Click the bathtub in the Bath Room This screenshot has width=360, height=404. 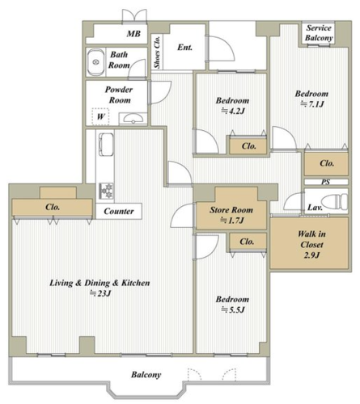95,62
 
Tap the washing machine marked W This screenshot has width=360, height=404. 100,116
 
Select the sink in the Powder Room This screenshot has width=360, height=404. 133,119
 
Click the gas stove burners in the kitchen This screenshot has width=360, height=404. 107,191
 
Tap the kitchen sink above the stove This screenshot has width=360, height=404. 106,145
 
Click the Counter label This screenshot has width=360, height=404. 119,211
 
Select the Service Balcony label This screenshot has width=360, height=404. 319,33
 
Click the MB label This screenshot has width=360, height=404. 133,34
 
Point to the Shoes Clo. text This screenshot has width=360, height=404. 157,52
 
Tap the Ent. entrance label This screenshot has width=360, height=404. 185,48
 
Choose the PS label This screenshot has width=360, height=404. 325,182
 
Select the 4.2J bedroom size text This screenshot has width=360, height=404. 233,111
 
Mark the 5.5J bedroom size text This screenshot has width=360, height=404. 233,309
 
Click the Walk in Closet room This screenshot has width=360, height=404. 309,243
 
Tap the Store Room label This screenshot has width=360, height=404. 231,210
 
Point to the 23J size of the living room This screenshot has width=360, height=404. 100,293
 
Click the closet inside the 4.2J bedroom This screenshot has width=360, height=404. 248,145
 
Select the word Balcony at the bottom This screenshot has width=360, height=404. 146,375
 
